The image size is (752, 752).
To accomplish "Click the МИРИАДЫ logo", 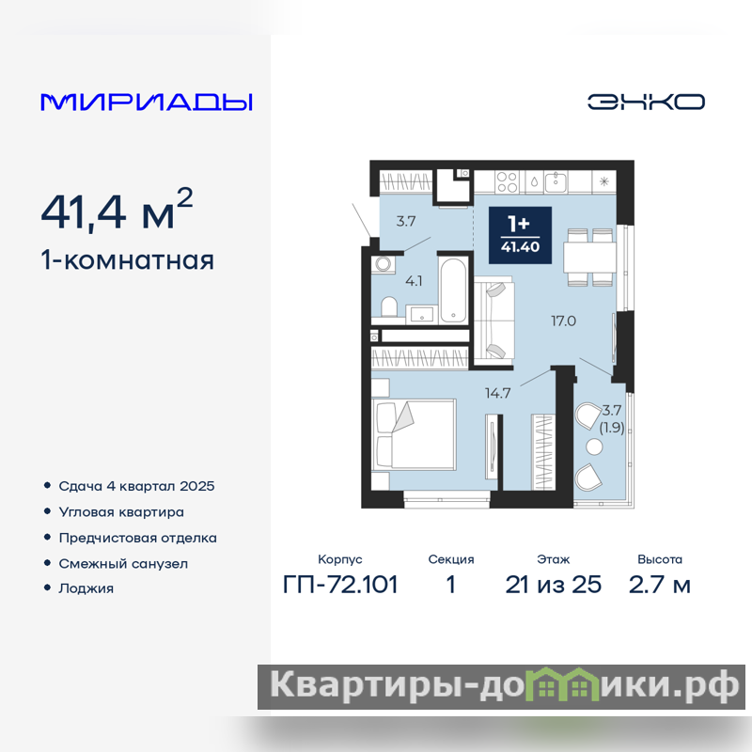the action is [x=147, y=102].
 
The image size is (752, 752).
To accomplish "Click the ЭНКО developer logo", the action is [x=646, y=102].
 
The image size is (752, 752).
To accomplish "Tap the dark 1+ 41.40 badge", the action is [x=520, y=235].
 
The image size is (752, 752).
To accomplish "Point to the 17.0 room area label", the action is [x=563, y=321].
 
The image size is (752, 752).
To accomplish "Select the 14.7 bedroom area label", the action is [x=497, y=394].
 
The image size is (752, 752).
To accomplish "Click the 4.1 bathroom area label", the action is [x=414, y=281].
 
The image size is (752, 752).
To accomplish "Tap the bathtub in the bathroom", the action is [x=453, y=290].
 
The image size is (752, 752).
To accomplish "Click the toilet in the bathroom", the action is [x=389, y=307].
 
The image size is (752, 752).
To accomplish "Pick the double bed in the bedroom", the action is [x=414, y=434].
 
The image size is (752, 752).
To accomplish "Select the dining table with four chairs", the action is [x=589, y=258].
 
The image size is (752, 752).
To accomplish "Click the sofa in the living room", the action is [x=494, y=321].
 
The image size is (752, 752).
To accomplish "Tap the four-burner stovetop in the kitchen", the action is [x=507, y=182].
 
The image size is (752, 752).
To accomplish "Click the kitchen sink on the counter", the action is [x=556, y=182].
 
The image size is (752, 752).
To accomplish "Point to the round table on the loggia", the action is [x=594, y=447].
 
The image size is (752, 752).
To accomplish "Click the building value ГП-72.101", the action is [x=340, y=585].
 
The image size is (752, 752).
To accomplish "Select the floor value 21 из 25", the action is [x=554, y=585].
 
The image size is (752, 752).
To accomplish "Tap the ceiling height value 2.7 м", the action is [x=660, y=585].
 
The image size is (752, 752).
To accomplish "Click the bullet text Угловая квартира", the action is [x=121, y=512].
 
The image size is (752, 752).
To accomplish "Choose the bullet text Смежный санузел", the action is [x=123, y=563].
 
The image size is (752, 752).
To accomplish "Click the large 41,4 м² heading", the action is [x=117, y=209].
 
